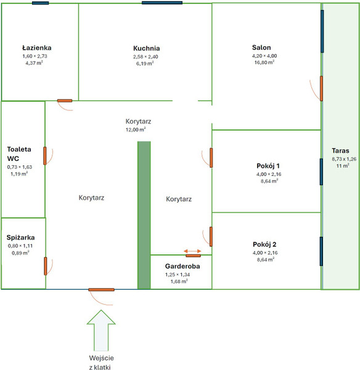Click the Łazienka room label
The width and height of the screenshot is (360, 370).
pos(37,48)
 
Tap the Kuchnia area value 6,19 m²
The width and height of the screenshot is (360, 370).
pos(145,64)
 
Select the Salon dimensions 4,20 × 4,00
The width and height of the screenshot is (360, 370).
pos(264,56)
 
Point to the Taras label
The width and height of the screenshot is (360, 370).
pos(340,150)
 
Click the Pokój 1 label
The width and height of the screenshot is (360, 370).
pos(268,166)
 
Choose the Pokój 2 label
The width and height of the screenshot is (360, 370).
pos(264,244)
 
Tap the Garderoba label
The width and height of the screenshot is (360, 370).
pos(182,266)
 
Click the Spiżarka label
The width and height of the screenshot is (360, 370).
pos(20,237)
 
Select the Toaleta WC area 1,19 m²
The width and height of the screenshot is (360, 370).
pos(19,174)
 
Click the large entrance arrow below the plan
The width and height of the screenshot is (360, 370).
pos(101,331)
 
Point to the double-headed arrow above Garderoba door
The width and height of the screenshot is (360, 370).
pos(192,251)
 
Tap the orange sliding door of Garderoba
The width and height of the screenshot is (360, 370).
pos(193,255)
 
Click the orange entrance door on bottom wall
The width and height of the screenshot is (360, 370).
pos(102,290)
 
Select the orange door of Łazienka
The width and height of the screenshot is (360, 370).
pos(65,101)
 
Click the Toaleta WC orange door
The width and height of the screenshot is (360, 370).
pos(45,156)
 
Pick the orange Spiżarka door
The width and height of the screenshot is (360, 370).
pos(45,266)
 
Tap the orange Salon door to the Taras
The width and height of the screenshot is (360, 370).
pos(321,88)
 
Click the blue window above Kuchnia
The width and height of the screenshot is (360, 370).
pos(162,3)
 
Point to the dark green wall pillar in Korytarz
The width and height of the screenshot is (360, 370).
pos(144,215)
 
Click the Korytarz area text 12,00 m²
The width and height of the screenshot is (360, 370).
pos(136,129)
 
